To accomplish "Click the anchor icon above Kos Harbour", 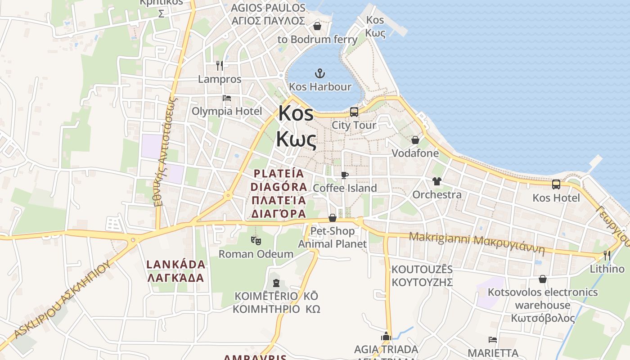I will [319, 73].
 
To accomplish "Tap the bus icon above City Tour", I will [354, 112].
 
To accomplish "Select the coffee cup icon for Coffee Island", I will [345, 175].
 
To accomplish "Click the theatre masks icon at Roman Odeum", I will [256, 241].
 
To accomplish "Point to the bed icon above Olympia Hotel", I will [227, 98].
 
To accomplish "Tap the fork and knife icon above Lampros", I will [220, 66].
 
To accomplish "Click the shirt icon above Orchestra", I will [436, 181].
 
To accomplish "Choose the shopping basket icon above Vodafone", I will [415, 140].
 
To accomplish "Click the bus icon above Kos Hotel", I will [556, 184].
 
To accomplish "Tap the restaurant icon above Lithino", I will [607, 256].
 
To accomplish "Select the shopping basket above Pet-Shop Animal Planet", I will [333, 218].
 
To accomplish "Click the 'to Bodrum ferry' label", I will [318, 39].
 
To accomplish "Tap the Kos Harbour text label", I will [320, 86].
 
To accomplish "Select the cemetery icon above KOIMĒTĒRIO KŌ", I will [276, 283].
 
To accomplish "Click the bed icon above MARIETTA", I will [493, 339].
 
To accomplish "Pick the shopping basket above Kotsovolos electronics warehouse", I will [543, 279].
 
